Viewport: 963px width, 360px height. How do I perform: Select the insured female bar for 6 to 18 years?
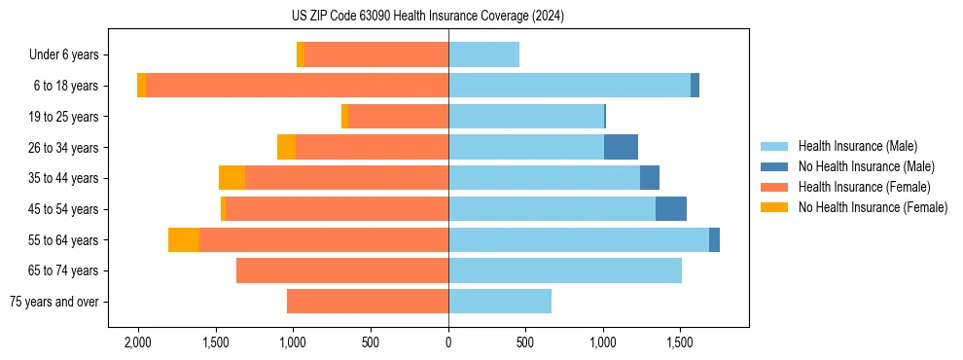click(x=297, y=86)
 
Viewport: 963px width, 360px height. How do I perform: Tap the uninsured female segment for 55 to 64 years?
click(x=184, y=239)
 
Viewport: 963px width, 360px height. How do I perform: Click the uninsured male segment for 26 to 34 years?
click(x=621, y=147)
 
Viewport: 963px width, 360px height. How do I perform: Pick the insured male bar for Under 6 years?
click(x=483, y=54)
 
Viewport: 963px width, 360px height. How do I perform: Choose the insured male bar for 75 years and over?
click(x=500, y=302)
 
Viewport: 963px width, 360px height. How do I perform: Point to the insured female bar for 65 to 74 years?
click(x=342, y=270)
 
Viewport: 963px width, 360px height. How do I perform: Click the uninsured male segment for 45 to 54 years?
click(x=671, y=209)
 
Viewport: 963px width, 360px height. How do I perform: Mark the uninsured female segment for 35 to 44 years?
click(x=232, y=178)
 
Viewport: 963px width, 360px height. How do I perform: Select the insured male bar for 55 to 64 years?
click(x=579, y=239)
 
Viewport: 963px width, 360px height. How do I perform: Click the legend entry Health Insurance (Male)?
click(x=857, y=146)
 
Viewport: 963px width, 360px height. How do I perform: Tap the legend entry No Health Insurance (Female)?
click(x=873, y=207)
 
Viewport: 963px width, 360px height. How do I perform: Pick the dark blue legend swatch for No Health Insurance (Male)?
click(x=774, y=166)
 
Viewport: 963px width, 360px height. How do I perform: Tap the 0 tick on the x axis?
click(x=448, y=342)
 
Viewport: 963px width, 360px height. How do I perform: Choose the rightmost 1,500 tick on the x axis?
click(x=680, y=342)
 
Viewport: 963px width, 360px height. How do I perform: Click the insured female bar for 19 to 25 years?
click(x=398, y=117)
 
